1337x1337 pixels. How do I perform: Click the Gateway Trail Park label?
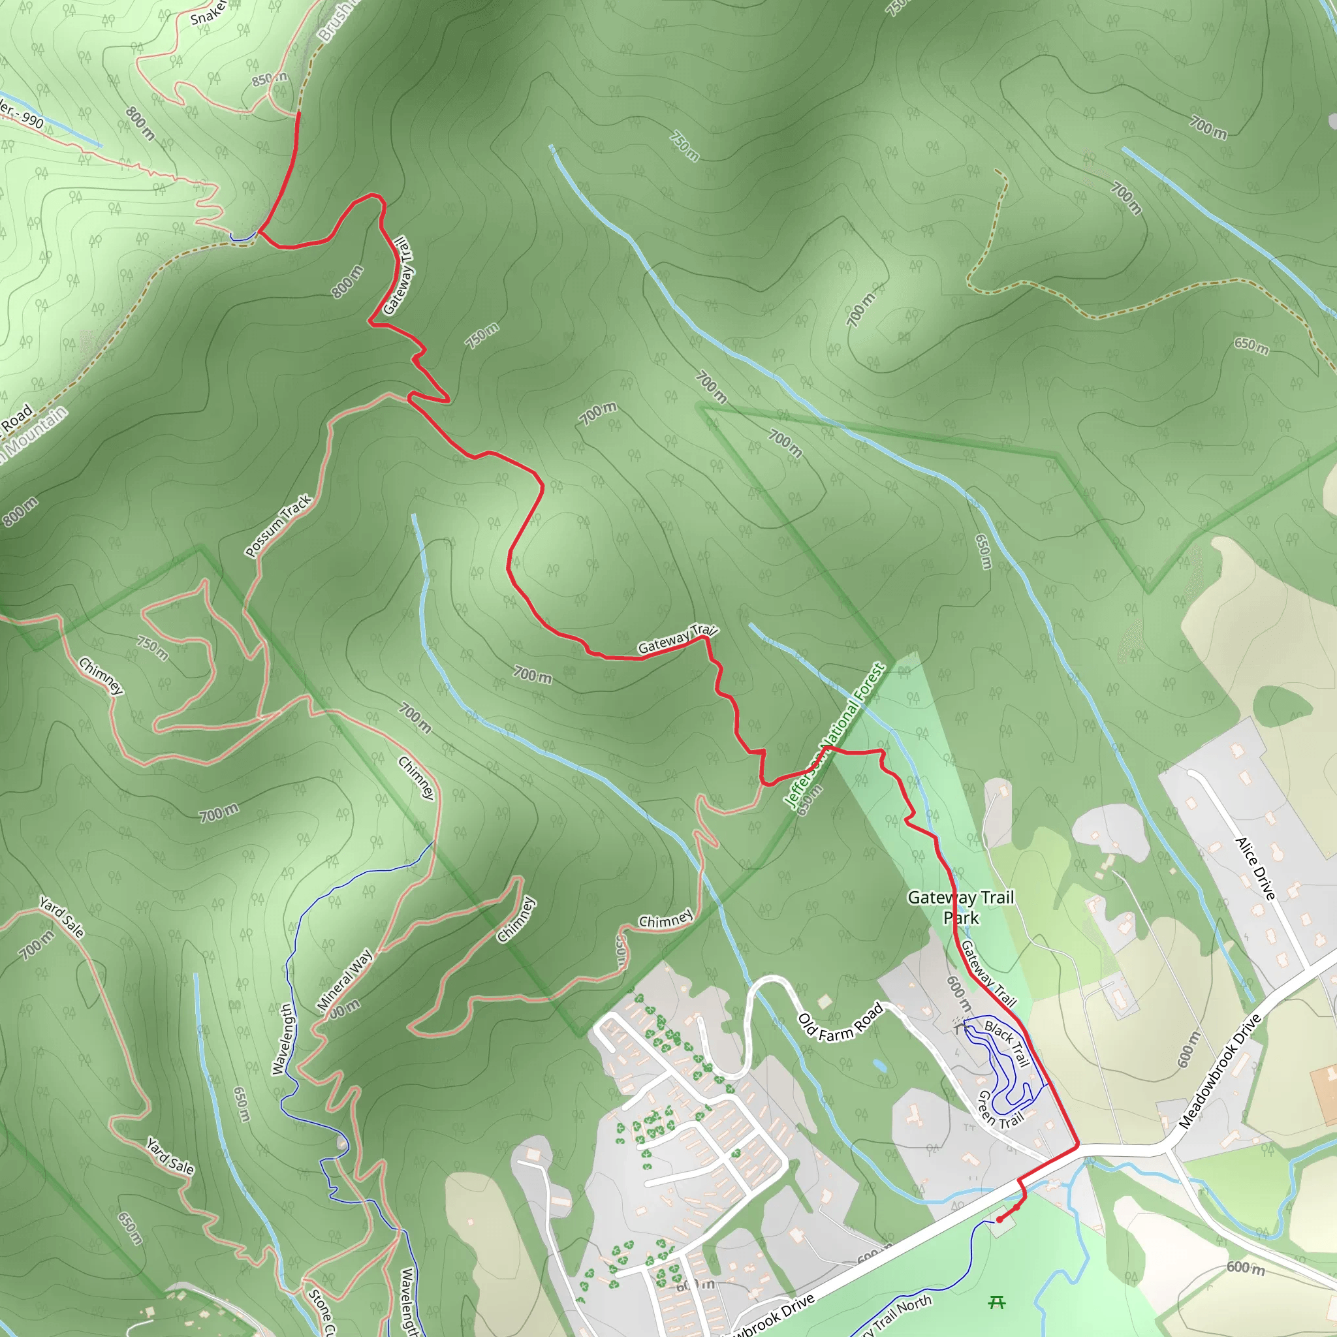click(960, 907)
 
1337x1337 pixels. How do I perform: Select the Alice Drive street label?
click(1255, 868)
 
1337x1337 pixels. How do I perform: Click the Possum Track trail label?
click(278, 526)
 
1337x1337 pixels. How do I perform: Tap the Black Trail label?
click(1007, 1043)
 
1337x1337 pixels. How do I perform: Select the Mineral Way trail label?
click(345, 980)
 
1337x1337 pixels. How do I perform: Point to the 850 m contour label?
click(269, 79)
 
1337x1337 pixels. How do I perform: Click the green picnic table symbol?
click(996, 1303)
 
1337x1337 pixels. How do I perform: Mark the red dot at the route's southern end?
click(999, 1220)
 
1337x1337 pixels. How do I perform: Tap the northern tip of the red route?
click(299, 112)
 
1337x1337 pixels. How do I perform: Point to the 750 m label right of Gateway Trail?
click(482, 336)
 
